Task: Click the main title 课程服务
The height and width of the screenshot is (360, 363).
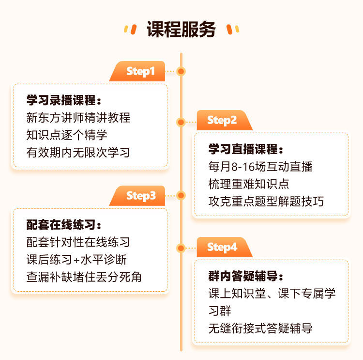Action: click(x=181, y=30)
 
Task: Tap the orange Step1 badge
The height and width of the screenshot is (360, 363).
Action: click(x=140, y=71)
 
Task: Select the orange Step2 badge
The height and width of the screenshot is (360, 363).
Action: click(x=222, y=120)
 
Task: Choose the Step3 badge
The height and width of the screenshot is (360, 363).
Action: click(x=140, y=196)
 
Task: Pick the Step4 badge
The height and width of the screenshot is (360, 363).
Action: click(x=222, y=247)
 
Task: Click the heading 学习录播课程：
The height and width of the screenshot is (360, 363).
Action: click(x=64, y=100)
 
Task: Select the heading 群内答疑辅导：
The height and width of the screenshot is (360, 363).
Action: click(x=246, y=277)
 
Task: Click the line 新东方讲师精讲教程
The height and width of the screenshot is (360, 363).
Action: click(x=78, y=118)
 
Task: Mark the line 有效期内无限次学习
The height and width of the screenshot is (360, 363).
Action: click(x=78, y=152)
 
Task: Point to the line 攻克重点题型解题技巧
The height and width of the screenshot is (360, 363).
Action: click(x=266, y=201)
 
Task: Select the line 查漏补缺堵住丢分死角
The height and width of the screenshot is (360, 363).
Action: click(x=84, y=277)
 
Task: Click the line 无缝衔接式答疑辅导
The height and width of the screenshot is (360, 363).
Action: click(x=260, y=328)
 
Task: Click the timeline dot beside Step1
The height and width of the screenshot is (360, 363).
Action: click(x=181, y=71)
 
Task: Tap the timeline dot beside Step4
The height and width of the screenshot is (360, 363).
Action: click(x=181, y=248)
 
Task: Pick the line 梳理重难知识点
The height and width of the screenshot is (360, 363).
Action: click(x=249, y=184)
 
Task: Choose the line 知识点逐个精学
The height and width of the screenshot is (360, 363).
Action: click(x=67, y=135)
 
